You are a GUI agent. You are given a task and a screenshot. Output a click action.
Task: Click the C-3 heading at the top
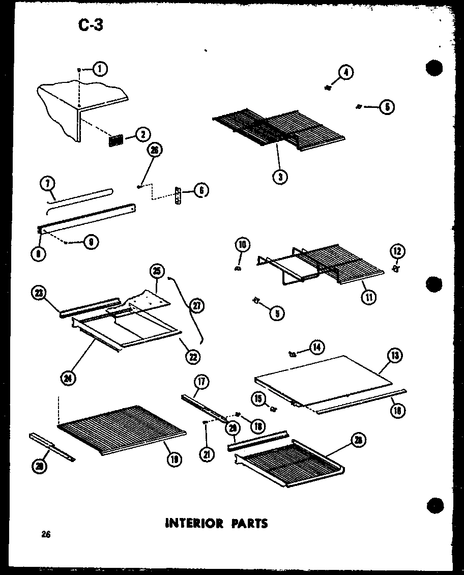click(x=90, y=24)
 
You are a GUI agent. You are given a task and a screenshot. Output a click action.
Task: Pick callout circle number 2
click(x=142, y=135)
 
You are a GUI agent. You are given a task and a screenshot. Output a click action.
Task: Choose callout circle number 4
click(x=345, y=73)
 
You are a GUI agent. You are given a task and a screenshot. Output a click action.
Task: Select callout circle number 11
click(x=368, y=297)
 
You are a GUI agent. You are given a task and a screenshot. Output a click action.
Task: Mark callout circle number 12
click(x=397, y=250)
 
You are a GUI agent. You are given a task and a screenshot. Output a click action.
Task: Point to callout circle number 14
click(x=317, y=348)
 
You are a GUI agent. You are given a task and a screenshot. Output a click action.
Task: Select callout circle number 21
click(x=207, y=454)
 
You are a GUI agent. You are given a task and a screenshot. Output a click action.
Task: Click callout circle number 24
click(x=67, y=379)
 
